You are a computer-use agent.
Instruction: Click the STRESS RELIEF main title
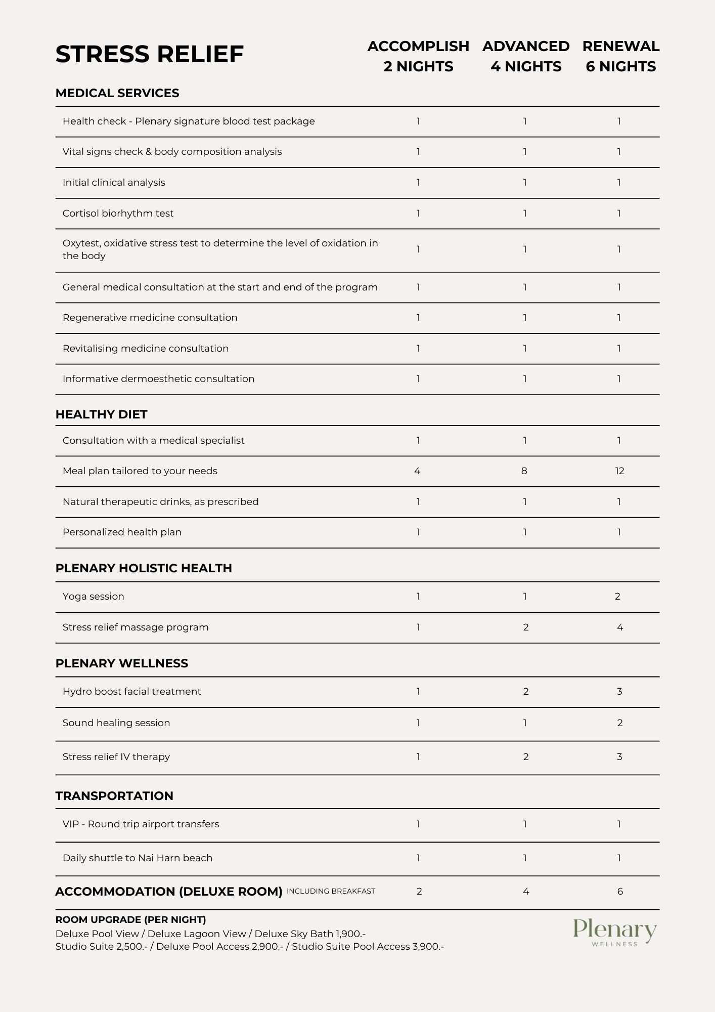(x=149, y=54)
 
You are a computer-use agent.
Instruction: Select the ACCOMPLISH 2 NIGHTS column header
(x=418, y=56)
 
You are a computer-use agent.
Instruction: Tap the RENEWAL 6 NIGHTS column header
(x=620, y=56)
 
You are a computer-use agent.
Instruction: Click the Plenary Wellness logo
(x=614, y=933)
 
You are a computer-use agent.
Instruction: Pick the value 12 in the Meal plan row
(x=619, y=471)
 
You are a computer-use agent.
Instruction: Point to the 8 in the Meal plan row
(x=524, y=471)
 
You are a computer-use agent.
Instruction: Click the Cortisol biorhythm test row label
(x=118, y=214)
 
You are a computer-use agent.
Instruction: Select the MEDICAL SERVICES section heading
(x=117, y=93)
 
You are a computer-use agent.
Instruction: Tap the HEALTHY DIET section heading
(x=101, y=414)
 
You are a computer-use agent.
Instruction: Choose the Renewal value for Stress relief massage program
(x=619, y=627)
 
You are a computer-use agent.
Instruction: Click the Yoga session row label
(x=93, y=597)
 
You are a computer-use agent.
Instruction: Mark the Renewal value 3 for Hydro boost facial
(x=619, y=692)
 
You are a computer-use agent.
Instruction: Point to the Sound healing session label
(x=116, y=723)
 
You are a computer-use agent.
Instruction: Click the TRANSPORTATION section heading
(x=114, y=796)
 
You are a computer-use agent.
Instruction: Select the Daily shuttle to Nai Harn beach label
(x=138, y=858)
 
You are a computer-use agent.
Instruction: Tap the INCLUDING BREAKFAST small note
(x=331, y=891)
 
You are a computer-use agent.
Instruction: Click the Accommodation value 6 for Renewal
(x=620, y=892)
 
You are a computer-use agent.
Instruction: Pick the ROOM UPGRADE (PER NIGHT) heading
(x=130, y=920)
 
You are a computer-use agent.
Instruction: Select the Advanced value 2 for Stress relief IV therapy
(x=525, y=757)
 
